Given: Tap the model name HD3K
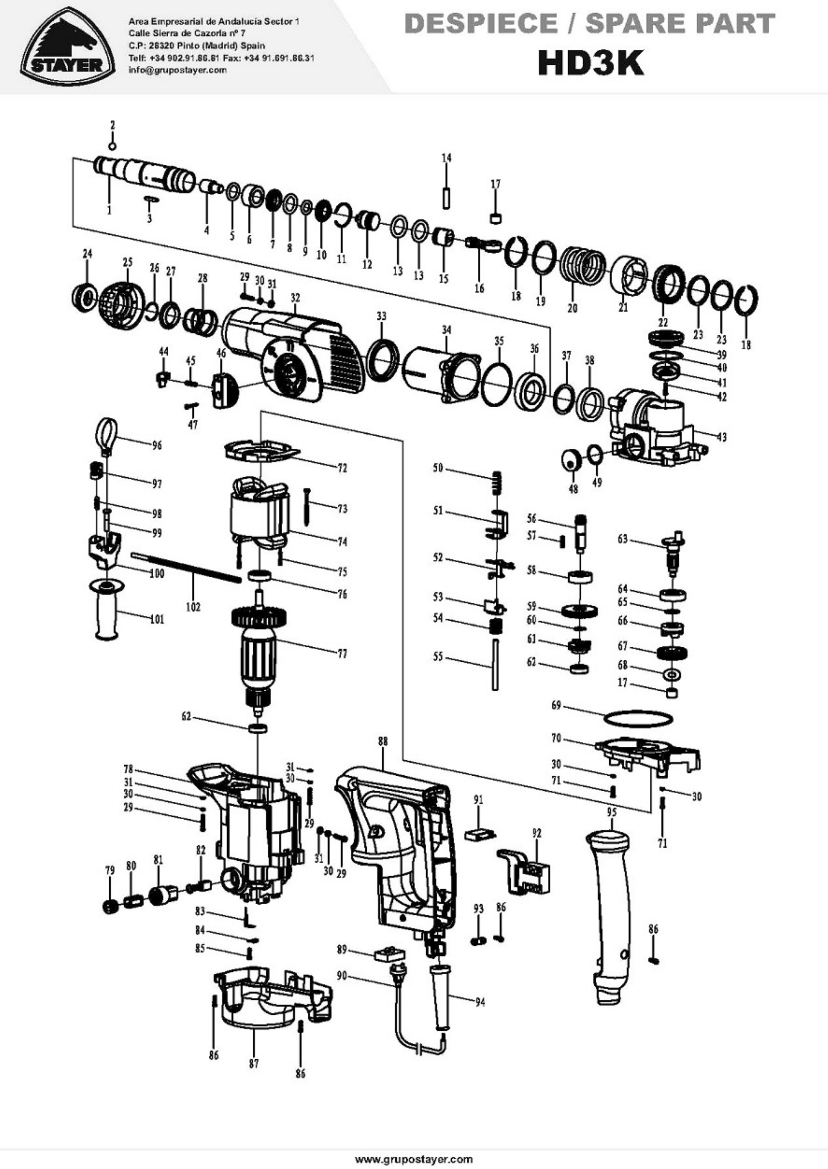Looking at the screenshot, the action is click(x=591, y=63).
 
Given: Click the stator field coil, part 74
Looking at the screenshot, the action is click(x=261, y=515).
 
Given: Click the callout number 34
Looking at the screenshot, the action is click(x=447, y=330).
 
